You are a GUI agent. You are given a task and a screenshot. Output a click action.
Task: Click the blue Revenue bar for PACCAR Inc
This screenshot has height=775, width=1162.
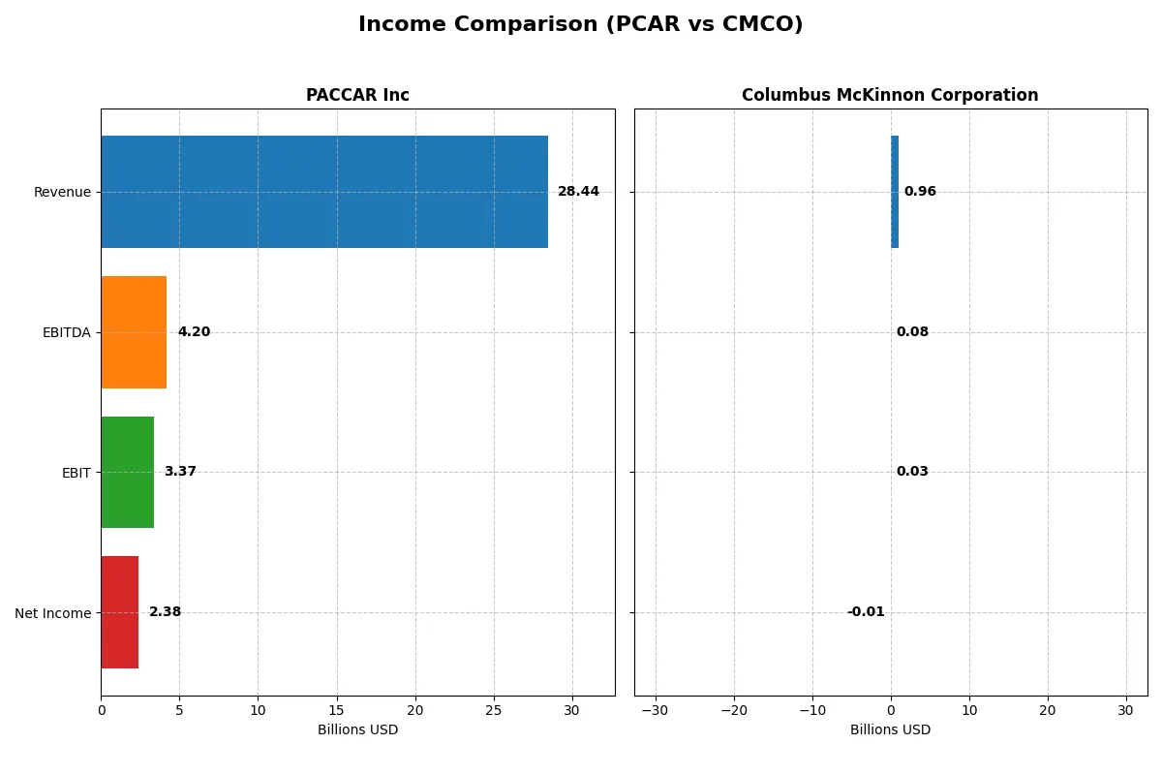coord(324,192)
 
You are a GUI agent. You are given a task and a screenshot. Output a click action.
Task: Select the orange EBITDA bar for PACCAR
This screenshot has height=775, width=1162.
coord(134,332)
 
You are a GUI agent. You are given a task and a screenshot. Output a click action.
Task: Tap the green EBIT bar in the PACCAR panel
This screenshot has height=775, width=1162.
coord(127,472)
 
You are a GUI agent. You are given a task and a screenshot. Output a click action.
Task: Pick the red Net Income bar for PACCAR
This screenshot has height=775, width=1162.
coord(119,612)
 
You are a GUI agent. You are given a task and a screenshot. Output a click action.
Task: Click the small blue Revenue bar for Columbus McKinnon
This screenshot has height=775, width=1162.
coord(895,192)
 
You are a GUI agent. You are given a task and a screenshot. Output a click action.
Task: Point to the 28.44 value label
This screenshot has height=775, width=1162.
coord(578,192)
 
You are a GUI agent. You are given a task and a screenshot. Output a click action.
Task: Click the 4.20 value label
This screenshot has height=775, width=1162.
coord(194,332)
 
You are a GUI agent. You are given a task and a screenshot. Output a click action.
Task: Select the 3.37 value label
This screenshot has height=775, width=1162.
coord(180,472)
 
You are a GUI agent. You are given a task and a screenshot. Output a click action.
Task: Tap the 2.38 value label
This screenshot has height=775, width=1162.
coord(165,612)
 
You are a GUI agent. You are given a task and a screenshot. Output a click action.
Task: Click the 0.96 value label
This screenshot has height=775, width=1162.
coord(920,192)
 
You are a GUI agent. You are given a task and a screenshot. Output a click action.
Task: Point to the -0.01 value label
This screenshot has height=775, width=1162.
coord(866,612)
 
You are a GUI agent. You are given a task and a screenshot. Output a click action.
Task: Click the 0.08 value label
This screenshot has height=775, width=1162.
coord(912,332)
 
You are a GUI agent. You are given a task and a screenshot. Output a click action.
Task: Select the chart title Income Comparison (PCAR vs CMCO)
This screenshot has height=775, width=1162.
coord(580,24)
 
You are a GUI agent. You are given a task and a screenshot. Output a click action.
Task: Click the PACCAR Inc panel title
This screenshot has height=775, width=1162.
coord(357,95)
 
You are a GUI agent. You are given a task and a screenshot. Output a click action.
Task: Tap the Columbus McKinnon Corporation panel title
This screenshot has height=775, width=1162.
coord(890,95)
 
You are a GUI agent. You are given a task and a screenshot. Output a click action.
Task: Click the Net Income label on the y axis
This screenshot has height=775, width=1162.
coord(53,613)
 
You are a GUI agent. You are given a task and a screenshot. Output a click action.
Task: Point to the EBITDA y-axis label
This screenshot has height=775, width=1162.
coord(67,332)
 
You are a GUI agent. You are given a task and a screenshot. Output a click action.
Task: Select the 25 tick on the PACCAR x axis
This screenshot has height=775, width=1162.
coord(494,710)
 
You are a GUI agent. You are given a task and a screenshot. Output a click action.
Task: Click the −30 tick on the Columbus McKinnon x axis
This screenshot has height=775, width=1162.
coord(656,710)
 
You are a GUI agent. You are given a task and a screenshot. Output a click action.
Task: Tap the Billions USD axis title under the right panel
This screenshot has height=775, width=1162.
coord(890,730)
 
